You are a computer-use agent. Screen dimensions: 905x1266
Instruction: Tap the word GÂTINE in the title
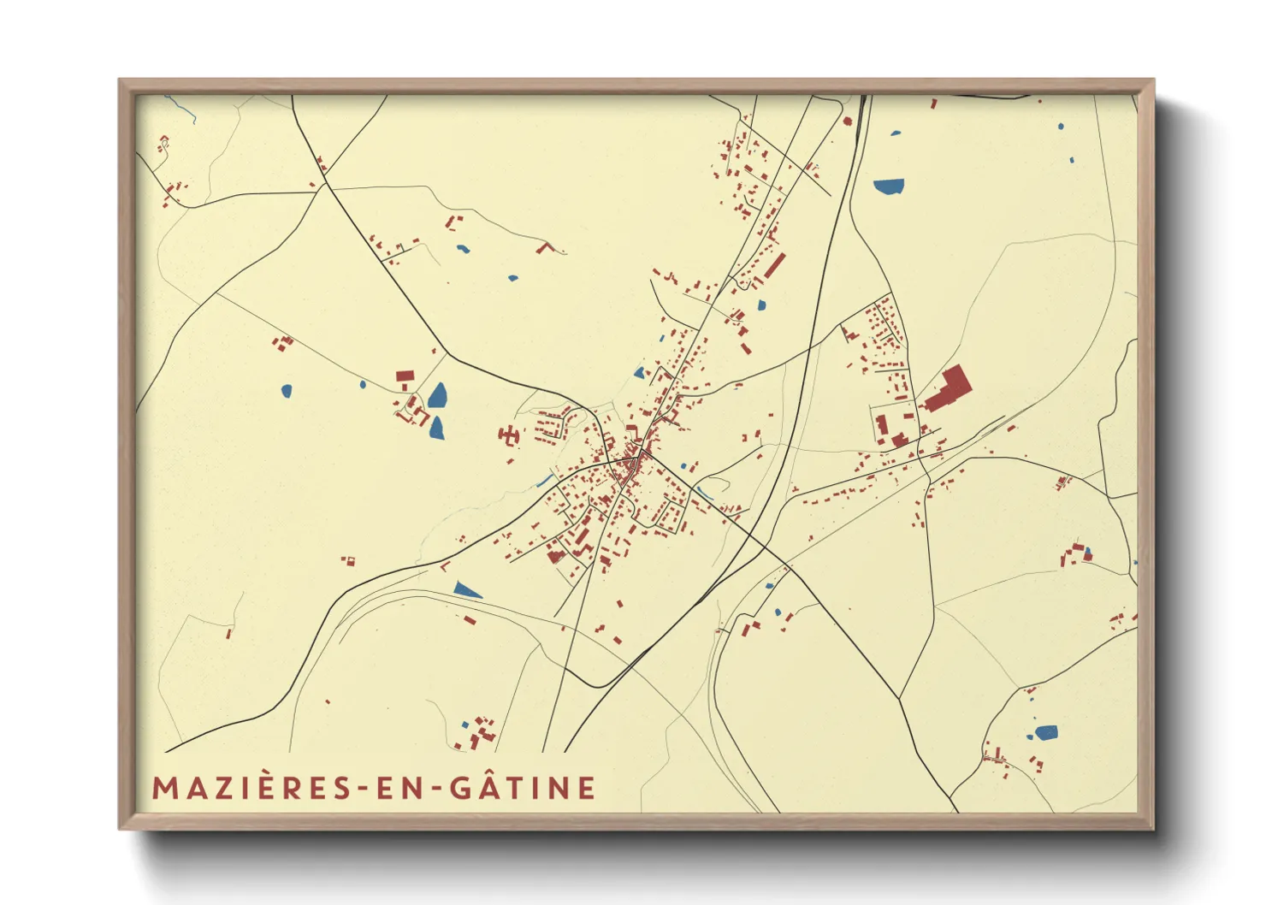pos(523,788)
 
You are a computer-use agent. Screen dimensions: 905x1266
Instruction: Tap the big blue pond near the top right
pos(889,186)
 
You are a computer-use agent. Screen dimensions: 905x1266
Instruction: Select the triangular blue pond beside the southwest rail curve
pos(467,589)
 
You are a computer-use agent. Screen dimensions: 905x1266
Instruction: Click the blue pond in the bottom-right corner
pos(1045,732)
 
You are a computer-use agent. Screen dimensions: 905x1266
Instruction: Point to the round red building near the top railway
pos(848,121)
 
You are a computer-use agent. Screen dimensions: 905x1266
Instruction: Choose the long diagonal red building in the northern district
pos(774,265)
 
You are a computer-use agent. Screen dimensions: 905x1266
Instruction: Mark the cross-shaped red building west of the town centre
pos(509,435)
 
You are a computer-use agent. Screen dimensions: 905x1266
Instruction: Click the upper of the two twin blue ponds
pos(438,395)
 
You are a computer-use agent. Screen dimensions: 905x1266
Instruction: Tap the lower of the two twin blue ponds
pos(437,428)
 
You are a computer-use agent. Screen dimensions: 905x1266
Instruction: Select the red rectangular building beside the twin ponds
pos(404,376)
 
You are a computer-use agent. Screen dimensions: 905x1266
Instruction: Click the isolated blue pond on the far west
pos(286,391)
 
